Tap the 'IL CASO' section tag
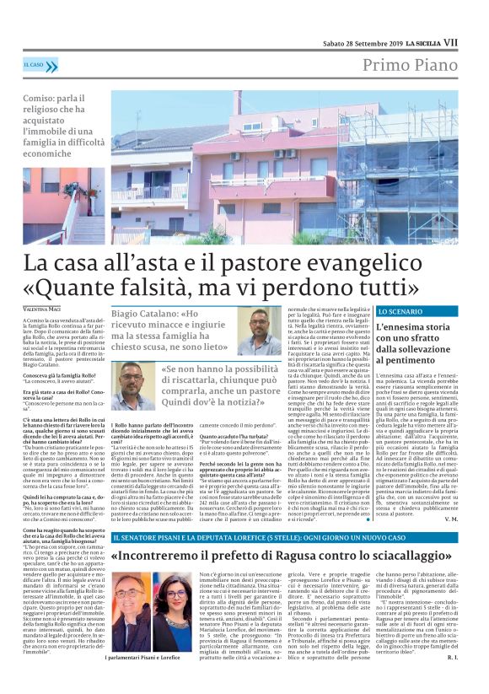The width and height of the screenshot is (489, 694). pyautogui.click(x=35, y=64)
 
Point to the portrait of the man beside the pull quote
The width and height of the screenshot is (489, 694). pyautogui.click(x=131, y=385)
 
